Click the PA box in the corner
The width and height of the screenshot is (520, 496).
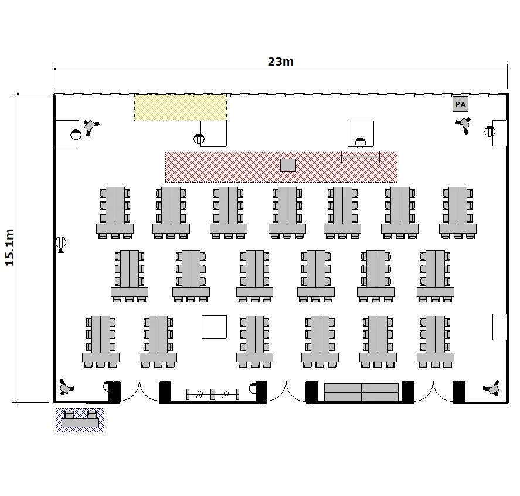460,104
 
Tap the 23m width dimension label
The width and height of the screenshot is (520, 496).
281,61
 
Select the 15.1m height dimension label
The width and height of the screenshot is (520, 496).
10,247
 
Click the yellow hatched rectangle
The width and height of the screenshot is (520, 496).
181,107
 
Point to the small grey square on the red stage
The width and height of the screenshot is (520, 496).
288,165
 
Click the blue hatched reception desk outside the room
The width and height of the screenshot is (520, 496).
80,420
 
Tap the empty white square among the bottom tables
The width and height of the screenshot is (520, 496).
214,327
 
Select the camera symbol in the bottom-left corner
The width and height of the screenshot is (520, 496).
66,387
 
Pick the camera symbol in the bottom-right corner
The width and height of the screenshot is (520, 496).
492,388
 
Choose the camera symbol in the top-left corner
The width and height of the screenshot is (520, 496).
90,126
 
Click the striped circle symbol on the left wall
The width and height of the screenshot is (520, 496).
61,243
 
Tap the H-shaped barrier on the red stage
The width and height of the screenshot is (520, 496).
360,157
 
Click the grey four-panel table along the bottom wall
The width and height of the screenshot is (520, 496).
362,392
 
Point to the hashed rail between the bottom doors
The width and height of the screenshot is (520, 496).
213,394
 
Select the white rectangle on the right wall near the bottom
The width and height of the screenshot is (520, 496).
499,327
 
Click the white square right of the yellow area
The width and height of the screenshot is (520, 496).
213,134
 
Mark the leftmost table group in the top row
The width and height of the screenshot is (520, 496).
115,213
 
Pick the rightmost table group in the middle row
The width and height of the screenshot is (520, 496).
436,276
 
